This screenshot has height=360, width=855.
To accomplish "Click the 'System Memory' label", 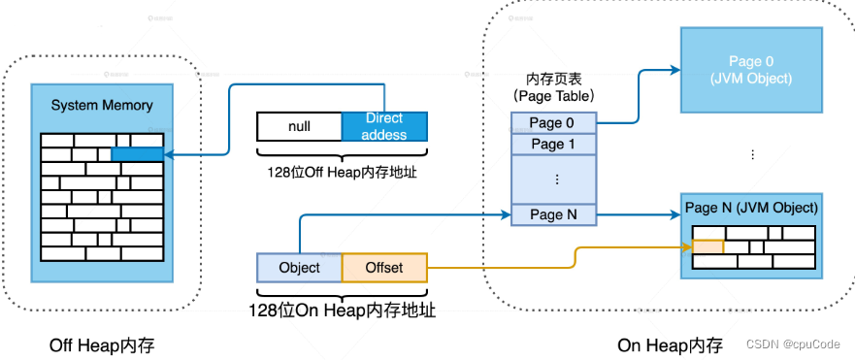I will pyautogui.click(x=102, y=105).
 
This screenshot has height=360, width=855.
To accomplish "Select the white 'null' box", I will pyautogui.click(x=299, y=127).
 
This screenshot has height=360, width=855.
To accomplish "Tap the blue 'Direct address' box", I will pyautogui.click(x=384, y=127).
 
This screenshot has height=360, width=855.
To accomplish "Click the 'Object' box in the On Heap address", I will pyautogui.click(x=299, y=267).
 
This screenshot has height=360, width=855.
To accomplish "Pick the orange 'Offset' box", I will pyautogui.click(x=384, y=267).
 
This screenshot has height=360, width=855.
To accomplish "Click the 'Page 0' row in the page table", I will pyautogui.click(x=553, y=122).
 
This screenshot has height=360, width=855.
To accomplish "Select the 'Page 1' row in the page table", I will pyautogui.click(x=553, y=144).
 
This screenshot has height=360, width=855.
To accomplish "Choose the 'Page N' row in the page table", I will pyautogui.click(x=553, y=214).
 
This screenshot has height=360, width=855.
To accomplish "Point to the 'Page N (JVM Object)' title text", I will pyautogui.click(x=751, y=208).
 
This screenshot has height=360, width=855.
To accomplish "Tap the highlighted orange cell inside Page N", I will pyautogui.click(x=707, y=247).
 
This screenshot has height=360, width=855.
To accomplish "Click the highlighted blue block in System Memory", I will pyautogui.click(x=137, y=154).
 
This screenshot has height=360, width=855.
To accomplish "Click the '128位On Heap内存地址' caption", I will pyautogui.click(x=343, y=311).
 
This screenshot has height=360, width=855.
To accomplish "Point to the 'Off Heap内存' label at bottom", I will pyautogui.click(x=102, y=345).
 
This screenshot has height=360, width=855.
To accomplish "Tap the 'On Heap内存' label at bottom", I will pyautogui.click(x=671, y=345).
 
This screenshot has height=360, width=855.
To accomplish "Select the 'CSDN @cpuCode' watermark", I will pyautogui.click(x=797, y=344).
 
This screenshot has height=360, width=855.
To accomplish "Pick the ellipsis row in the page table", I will pyautogui.click(x=553, y=179).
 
